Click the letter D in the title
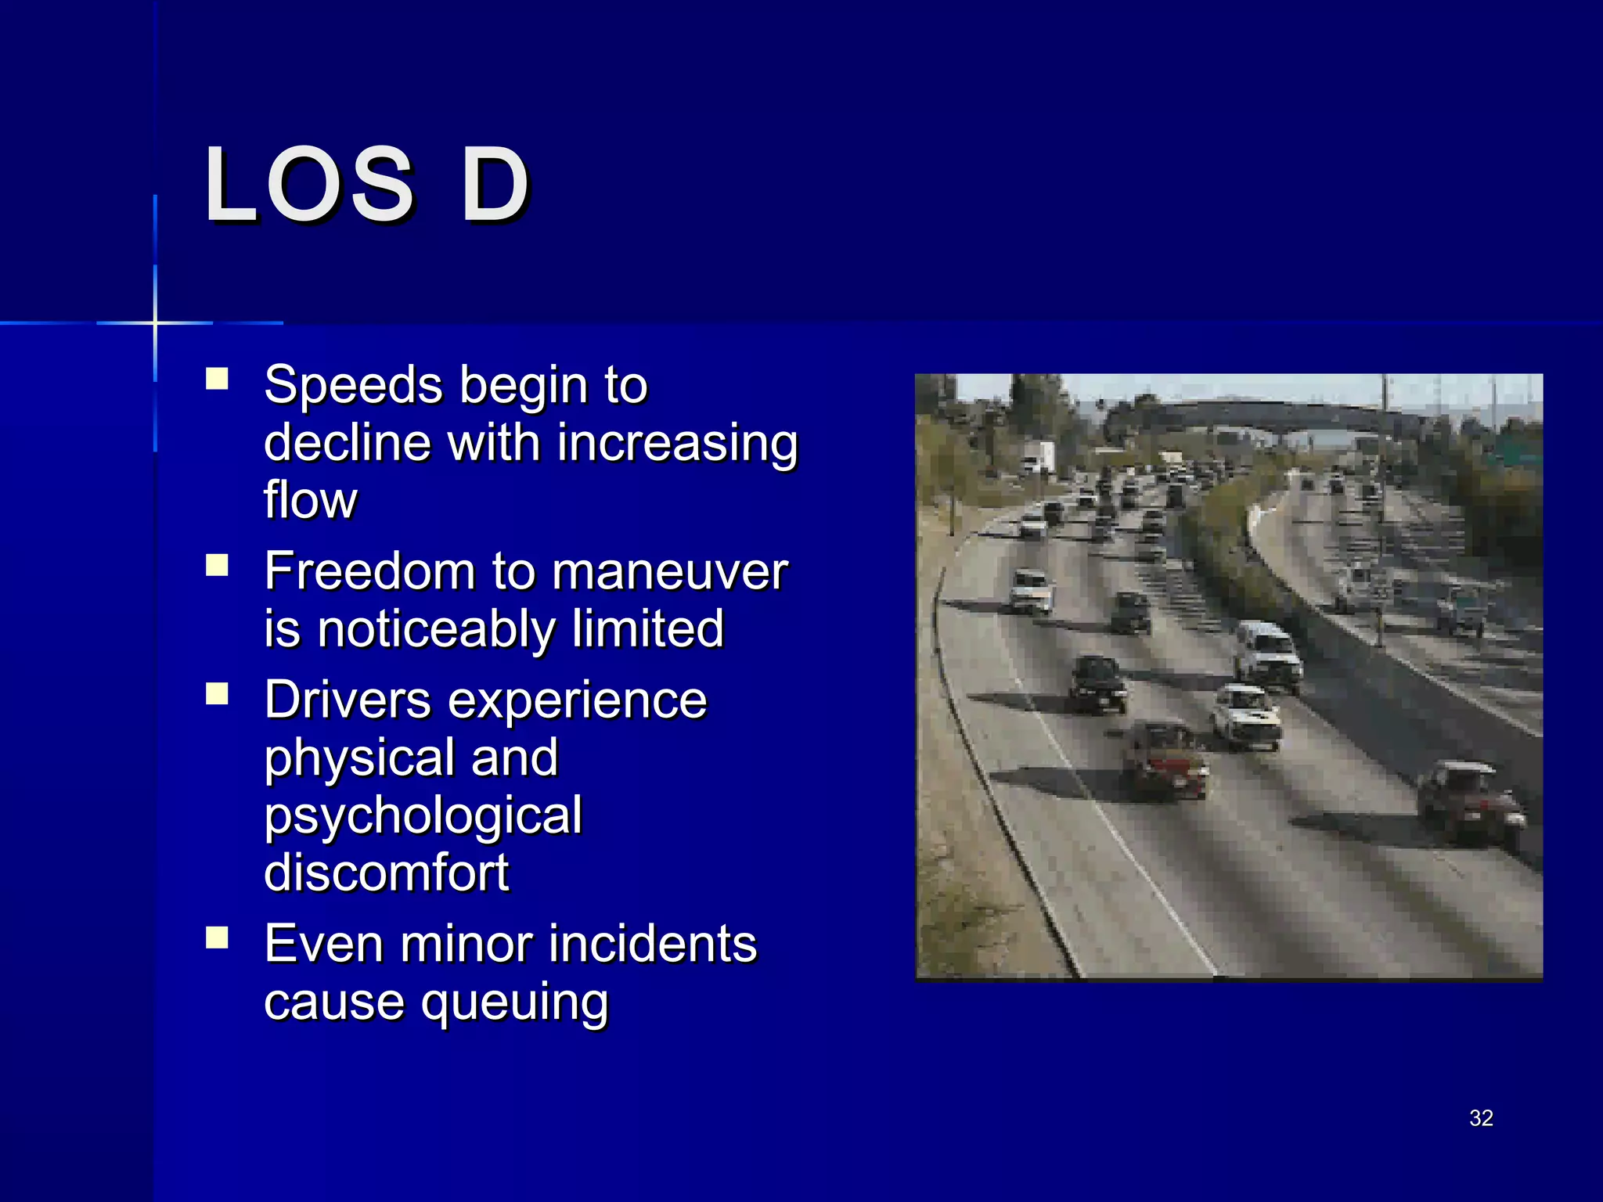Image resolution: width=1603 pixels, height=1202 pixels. [495, 185]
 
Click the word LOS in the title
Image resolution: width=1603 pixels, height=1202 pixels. [308, 185]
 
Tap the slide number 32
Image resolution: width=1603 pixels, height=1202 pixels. [1481, 1117]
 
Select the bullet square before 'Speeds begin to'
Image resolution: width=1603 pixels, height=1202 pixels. [217, 380]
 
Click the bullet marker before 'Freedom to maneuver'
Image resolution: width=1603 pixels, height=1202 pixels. [217, 566]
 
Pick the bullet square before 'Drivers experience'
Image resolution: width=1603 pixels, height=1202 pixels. [217, 694]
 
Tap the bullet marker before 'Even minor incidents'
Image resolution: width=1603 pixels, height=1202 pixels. [217, 937]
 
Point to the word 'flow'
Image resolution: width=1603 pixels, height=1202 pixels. [310, 501]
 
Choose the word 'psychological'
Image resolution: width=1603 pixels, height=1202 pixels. [423, 816]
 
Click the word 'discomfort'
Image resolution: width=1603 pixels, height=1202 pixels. [387, 873]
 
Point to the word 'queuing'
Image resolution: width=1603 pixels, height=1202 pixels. [514, 1003]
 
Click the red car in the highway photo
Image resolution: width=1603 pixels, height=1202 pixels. [1164, 758]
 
